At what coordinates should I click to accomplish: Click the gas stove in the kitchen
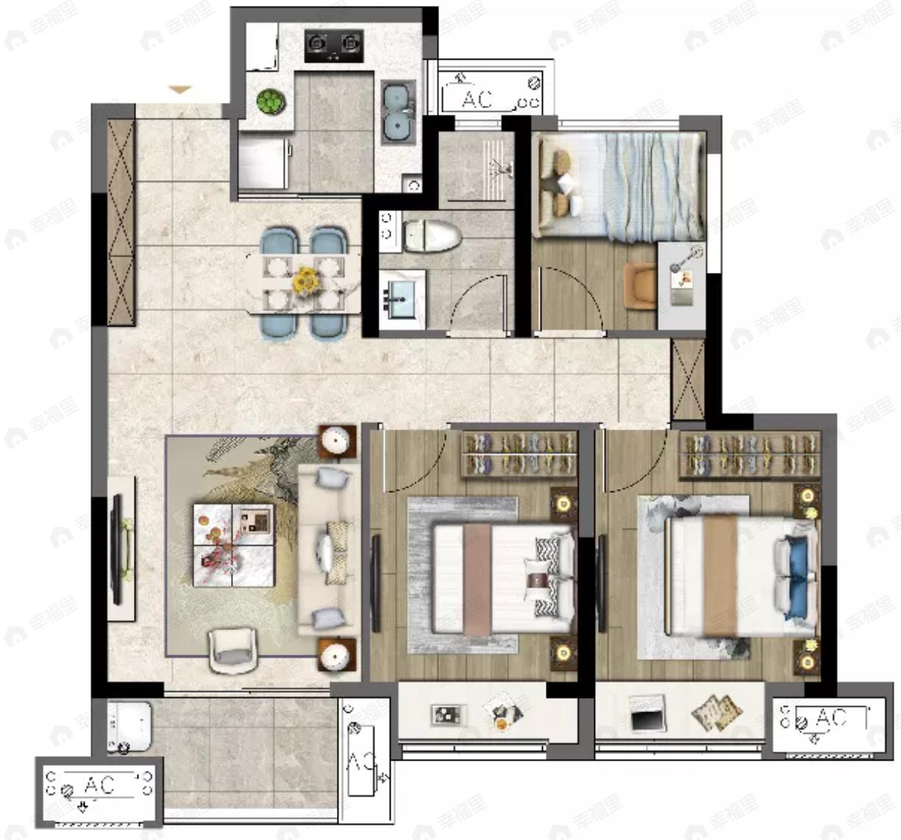[x=334, y=46]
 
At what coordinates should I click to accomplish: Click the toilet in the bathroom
[x=431, y=235]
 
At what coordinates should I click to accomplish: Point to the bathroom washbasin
[x=402, y=297]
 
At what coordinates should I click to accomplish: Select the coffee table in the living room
[x=233, y=544]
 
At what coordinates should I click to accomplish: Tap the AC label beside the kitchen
[x=477, y=99]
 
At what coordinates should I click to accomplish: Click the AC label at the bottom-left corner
[x=99, y=786]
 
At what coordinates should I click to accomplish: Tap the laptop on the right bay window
[x=647, y=713]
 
